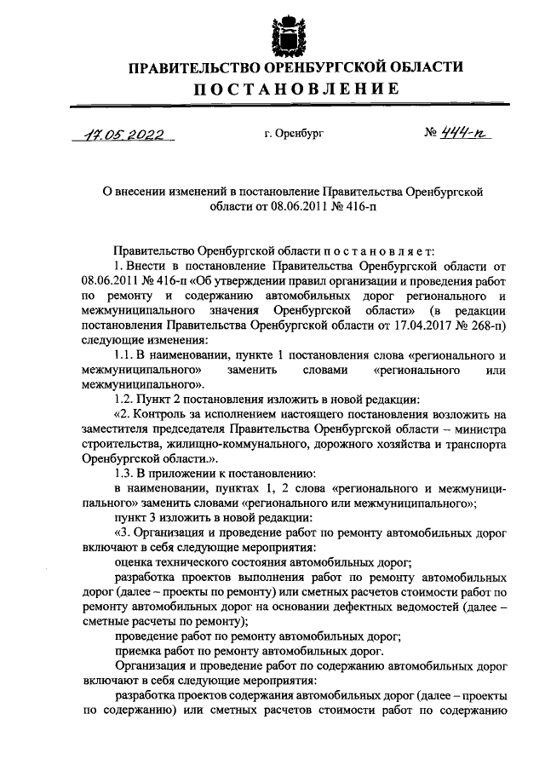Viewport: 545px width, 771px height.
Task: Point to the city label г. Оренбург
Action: click(295, 134)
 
